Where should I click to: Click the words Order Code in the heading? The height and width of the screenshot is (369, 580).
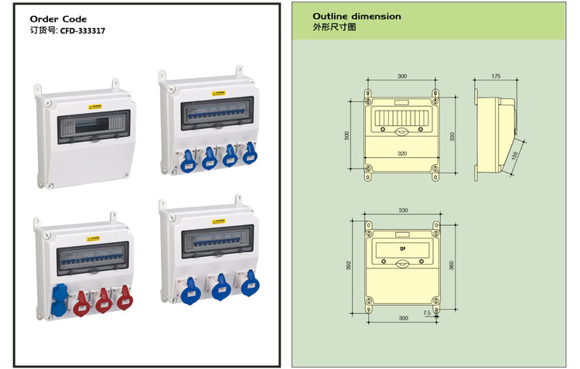click(x=58, y=19)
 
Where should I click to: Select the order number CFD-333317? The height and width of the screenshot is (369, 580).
click(x=83, y=31)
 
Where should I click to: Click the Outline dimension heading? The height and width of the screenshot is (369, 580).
click(x=357, y=15)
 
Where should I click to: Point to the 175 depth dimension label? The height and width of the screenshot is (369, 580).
click(x=496, y=77)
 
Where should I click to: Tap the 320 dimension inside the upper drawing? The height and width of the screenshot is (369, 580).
click(x=402, y=153)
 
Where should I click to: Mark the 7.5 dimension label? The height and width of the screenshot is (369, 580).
click(x=426, y=313)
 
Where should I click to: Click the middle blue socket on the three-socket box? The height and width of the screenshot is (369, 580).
click(x=219, y=285)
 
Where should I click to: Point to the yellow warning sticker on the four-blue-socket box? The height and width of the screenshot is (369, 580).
click(x=220, y=91)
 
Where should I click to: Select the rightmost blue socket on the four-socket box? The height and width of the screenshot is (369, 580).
click(x=249, y=153)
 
